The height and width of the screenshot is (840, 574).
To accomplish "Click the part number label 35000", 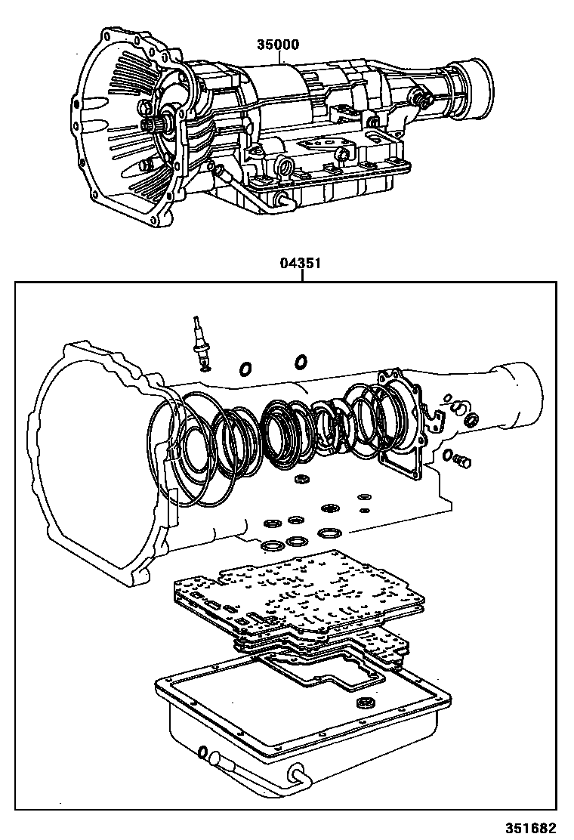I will click(279, 45).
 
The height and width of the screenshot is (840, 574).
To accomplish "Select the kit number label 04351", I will click(301, 264).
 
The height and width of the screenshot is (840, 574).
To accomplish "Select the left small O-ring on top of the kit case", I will click(246, 369).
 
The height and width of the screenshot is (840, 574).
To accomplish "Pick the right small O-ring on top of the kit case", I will click(300, 362).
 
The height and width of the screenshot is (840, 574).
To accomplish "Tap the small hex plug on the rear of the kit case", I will click(463, 460).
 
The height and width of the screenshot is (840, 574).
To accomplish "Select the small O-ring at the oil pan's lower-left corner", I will click(202, 752).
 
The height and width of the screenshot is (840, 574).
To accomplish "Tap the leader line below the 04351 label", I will click(301, 276).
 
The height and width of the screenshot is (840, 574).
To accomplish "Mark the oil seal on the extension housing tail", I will click(470, 420).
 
